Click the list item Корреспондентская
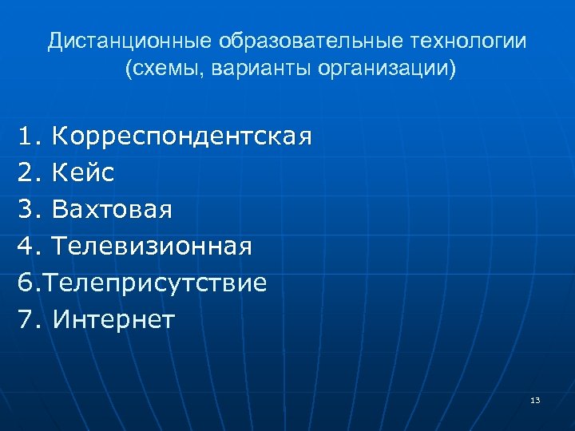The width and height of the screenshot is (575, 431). (x=181, y=136)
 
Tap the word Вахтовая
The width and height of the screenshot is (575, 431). (x=112, y=210)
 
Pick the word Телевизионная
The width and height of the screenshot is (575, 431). (x=152, y=247)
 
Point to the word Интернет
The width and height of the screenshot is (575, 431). (x=114, y=320)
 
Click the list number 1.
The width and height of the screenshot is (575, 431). (x=26, y=136)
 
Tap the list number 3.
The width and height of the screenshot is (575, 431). (x=26, y=210)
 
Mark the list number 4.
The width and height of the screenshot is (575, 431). (x=26, y=247)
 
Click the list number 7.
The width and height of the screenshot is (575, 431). (x=26, y=320)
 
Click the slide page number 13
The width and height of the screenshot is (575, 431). (x=535, y=399)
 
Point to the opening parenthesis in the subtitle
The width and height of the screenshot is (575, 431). (x=128, y=69)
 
